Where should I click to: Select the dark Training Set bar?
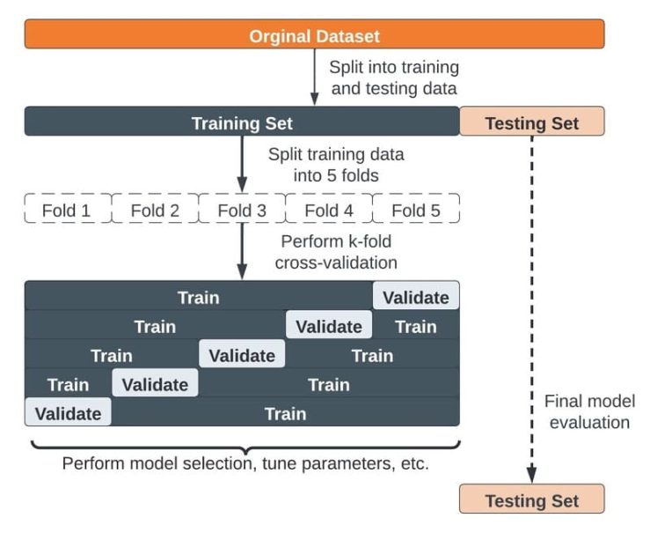pos(242,122)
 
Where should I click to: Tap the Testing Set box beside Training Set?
pos(531,122)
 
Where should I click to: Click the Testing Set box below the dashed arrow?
pos(531,499)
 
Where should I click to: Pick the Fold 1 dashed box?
pos(67,211)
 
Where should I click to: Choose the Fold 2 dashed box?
pos(155,211)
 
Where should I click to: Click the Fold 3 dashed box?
pos(242,211)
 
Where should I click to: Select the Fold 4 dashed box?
pos(328,211)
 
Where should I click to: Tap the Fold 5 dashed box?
pos(415,211)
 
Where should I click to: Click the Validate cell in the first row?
pos(415,297)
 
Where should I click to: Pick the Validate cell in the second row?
pos(328,326)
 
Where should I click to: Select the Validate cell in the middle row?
pos(242,355)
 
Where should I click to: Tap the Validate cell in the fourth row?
pos(155,384)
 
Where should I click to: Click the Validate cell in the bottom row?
pos(68,413)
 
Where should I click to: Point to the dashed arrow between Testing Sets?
pos(531,308)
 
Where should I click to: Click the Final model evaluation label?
pos(588,411)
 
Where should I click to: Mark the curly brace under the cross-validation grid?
pos(242,444)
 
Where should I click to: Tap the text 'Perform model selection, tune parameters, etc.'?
pos(245,462)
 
